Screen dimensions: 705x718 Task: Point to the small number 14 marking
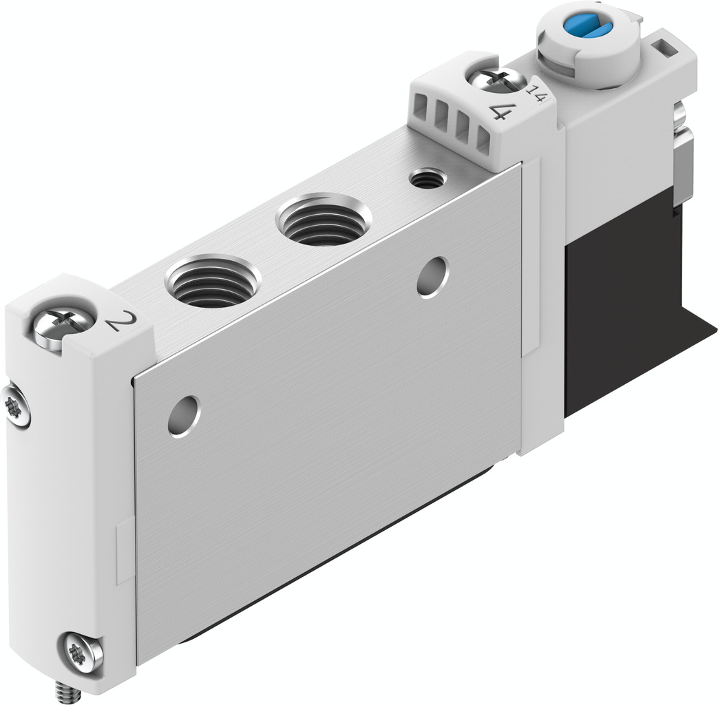[x=536, y=93]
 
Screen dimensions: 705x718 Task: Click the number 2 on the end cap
[x=119, y=322]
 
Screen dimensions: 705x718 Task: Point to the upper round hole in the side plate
[x=432, y=277]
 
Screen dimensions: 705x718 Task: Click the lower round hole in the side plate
[x=184, y=416]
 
